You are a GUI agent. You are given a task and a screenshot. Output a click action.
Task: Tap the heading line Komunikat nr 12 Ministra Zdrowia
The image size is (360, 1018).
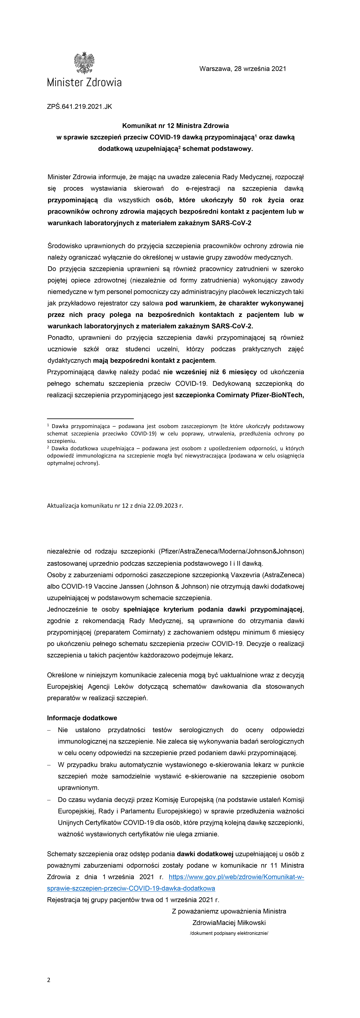(175, 126)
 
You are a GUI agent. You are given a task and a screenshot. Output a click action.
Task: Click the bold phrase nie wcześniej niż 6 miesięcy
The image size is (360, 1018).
(210, 372)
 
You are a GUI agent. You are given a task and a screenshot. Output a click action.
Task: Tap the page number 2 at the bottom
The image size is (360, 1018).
(49, 980)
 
